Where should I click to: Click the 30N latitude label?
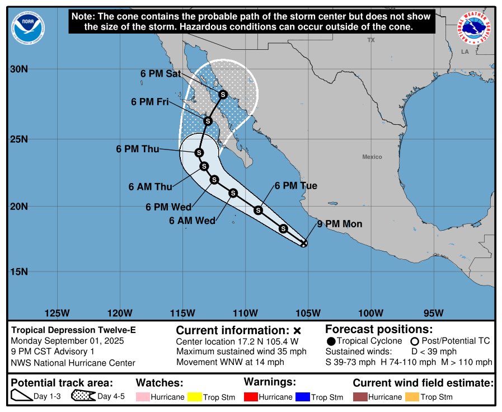point(18,69)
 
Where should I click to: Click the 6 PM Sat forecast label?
point(160,74)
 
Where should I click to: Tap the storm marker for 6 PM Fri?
point(208,121)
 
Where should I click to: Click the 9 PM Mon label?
point(339,224)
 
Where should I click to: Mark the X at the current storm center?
point(304,243)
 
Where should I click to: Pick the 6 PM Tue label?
point(295,186)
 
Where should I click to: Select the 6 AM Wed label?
point(192,221)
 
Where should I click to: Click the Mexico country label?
point(372,157)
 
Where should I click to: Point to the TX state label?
point(370,40)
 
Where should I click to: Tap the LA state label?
point(465,52)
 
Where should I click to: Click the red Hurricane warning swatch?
point(251,397)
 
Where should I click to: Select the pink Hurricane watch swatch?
point(143,397)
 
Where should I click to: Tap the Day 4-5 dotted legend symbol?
point(82,396)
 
